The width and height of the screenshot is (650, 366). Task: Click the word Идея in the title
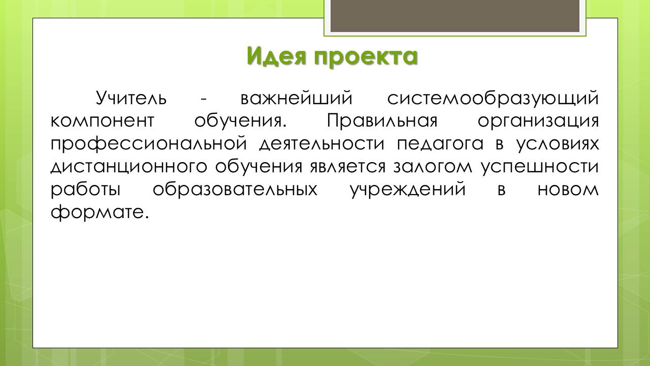[x=277, y=55]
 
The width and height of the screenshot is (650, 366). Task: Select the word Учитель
[x=131, y=98]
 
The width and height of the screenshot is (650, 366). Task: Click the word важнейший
[x=296, y=98]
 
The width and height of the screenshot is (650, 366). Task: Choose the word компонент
[x=103, y=121]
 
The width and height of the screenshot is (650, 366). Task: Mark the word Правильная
[x=382, y=121]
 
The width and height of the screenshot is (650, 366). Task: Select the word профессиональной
[x=149, y=144]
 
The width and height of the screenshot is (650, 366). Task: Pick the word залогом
[x=433, y=167]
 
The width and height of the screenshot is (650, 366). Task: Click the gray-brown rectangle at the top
[x=455, y=16]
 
